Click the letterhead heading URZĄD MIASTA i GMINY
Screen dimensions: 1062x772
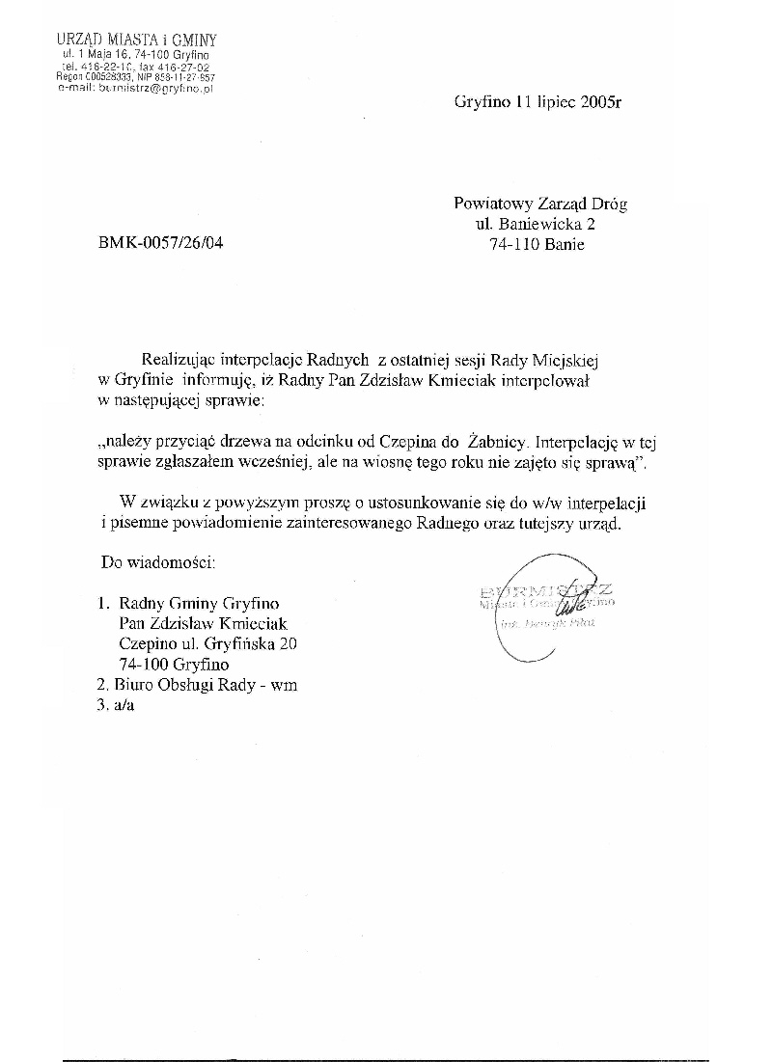coord(136,40)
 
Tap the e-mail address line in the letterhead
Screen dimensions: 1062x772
coord(136,87)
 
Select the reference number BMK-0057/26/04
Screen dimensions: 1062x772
coord(160,244)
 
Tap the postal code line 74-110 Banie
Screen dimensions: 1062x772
coord(538,244)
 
